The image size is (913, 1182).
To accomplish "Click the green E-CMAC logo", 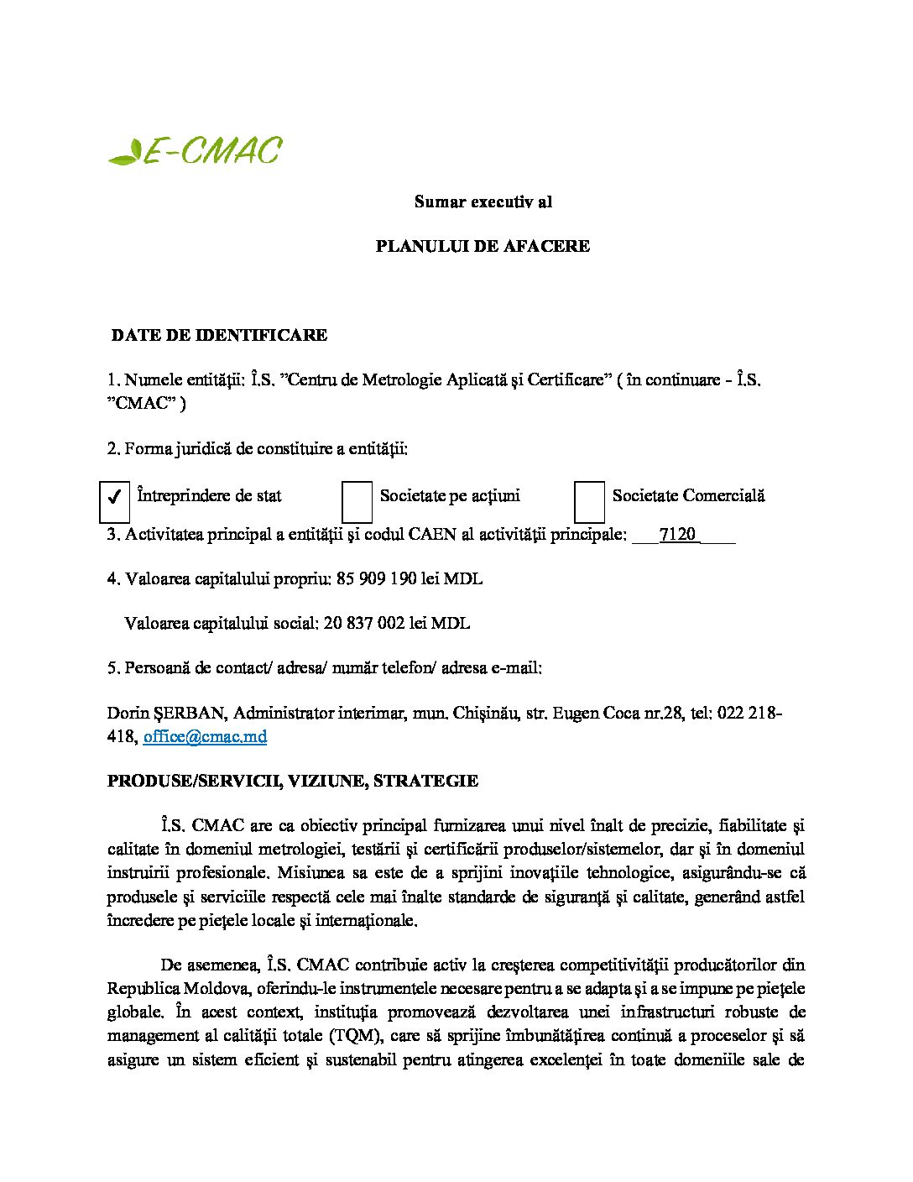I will (196, 151).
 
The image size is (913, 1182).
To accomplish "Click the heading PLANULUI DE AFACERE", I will (483, 246).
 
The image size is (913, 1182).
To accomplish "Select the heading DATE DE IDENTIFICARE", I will (219, 335).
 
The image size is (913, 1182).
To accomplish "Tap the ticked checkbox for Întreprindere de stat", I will (114, 497).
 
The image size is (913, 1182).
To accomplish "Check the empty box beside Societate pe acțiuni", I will (357, 501).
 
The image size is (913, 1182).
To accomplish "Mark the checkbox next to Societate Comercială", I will (589, 501).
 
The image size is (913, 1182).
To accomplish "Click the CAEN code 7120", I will (678, 535).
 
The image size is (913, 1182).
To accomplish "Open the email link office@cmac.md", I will (205, 736).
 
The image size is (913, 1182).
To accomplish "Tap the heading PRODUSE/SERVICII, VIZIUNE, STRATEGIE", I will (293, 781).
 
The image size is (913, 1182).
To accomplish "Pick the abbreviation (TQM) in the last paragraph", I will (357, 1035).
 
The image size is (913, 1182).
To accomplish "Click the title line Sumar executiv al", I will (483, 201).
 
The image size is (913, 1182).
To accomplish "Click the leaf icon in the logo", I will (125, 153).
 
